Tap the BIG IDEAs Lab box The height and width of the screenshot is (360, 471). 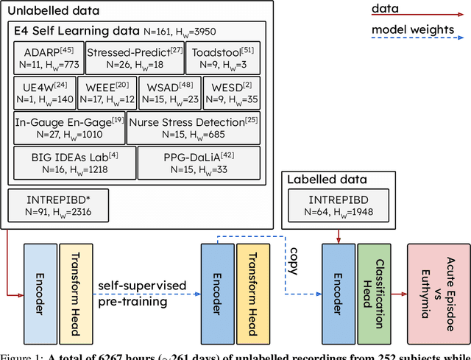74,162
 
